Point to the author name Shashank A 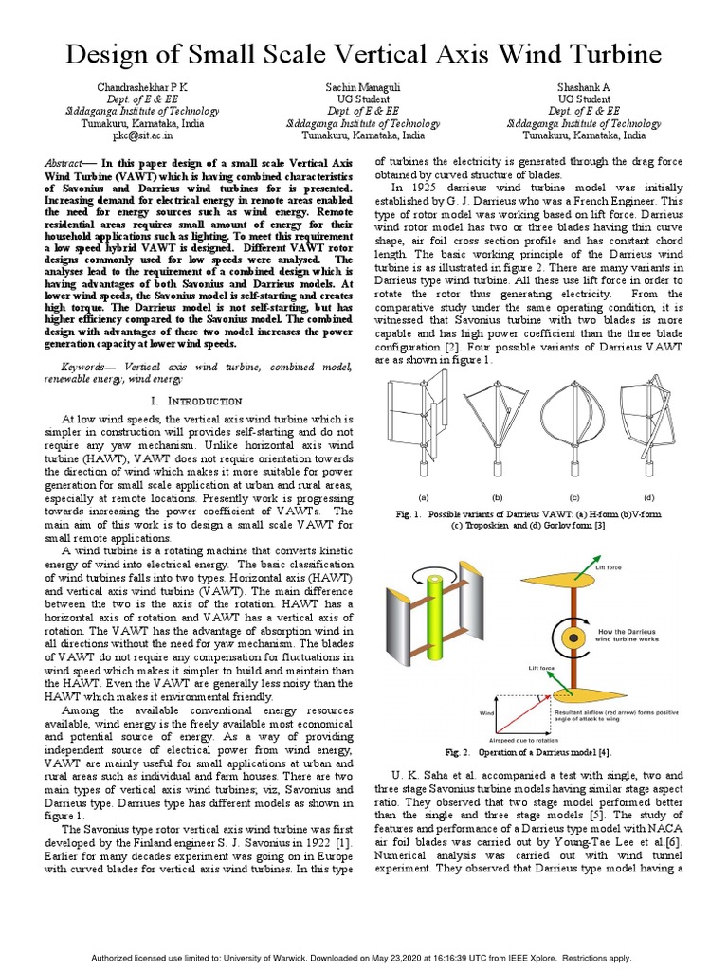click(583, 86)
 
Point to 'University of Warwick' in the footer click(297, 958)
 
